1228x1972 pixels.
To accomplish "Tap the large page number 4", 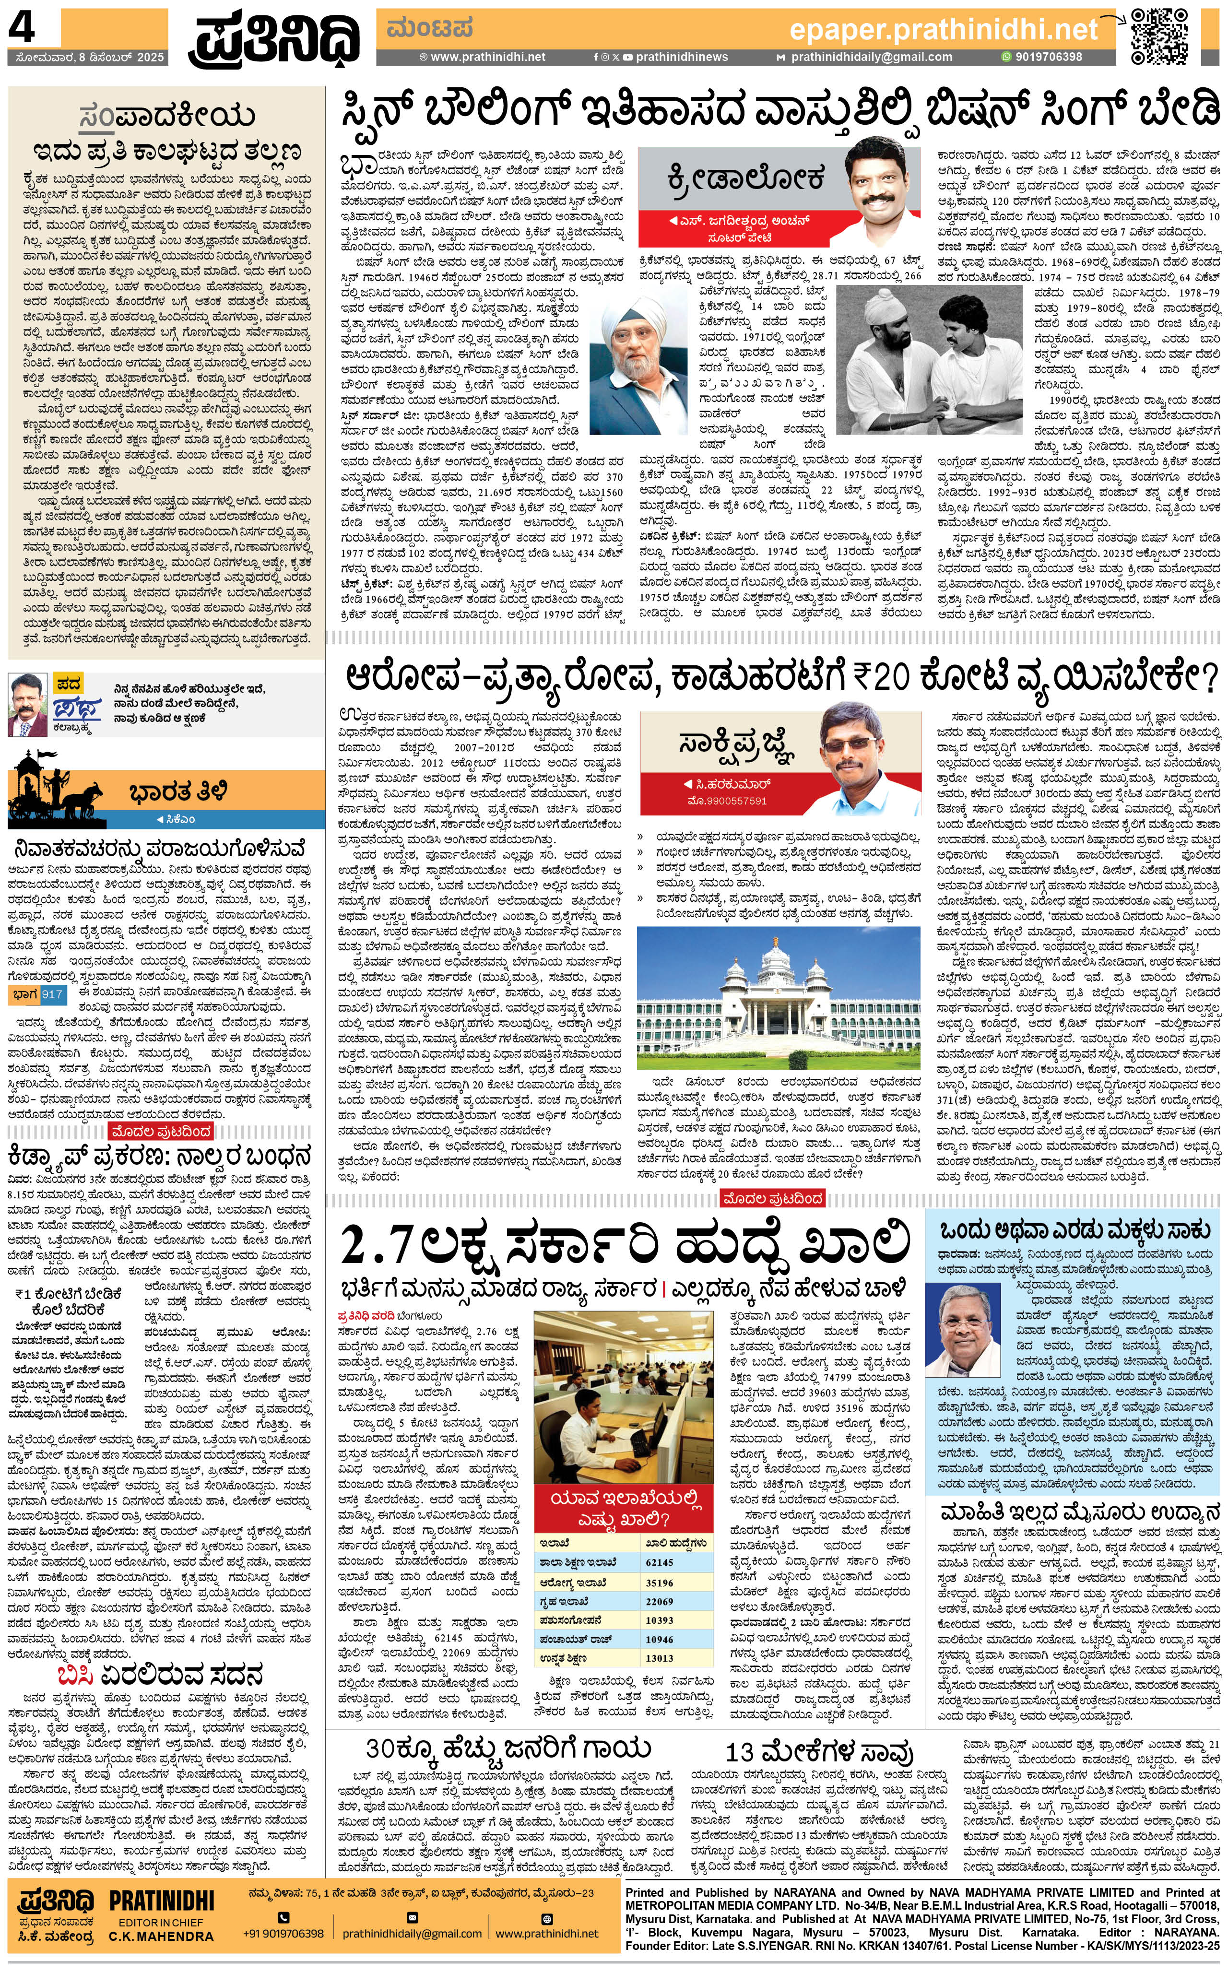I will click(x=23, y=29).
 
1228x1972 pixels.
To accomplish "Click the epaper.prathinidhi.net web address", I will click(x=943, y=30).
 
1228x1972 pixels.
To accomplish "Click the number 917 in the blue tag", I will click(x=52, y=993).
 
